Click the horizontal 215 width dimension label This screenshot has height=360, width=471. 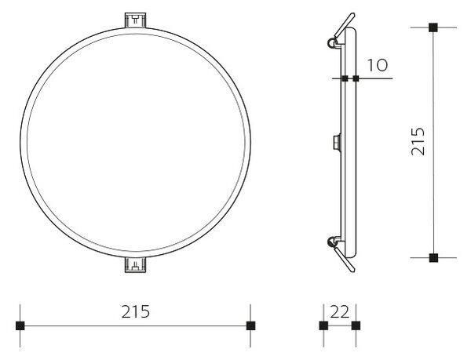[x=136, y=311]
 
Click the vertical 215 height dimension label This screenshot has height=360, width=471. [x=418, y=142]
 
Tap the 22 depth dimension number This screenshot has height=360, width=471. [x=340, y=312]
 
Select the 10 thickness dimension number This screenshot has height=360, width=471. [x=378, y=65]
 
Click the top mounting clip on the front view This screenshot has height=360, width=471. [x=135, y=20]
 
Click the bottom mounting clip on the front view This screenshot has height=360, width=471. [x=135, y=265]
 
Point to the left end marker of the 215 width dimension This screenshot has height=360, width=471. [x=20, y=325]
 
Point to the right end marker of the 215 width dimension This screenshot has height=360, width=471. [x=250, y=325]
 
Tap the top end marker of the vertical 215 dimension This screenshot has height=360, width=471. [x=433, y=27]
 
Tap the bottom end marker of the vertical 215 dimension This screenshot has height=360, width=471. [x=433, y=258]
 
